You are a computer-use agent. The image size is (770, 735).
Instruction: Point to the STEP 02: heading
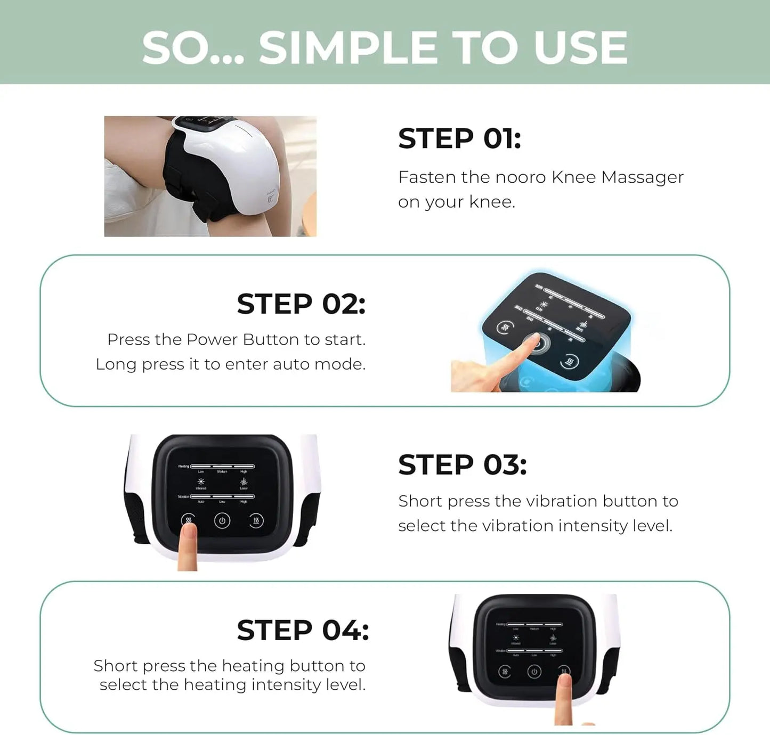click(x=301, y=304)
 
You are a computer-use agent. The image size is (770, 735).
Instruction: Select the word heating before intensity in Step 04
click(x=215, y=685)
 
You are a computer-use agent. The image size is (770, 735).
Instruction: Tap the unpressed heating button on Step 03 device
click(x=256, y=520)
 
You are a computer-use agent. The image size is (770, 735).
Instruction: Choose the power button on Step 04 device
click(x=534, y=672)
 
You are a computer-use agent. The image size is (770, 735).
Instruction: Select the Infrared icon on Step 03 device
click(x=201, y=482)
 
